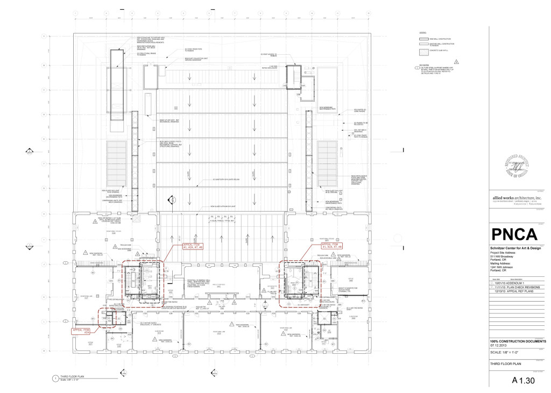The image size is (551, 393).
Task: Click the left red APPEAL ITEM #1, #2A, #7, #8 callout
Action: [181, 248]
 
